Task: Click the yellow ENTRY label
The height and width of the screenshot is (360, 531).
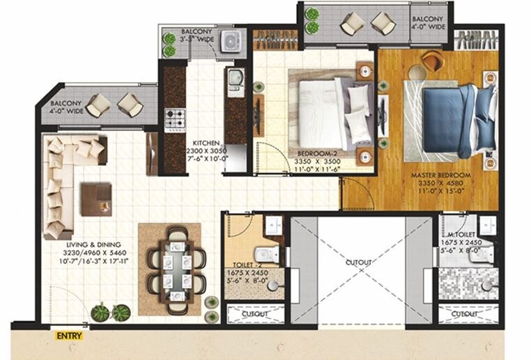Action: (70, 336)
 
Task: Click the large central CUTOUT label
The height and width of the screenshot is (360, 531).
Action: (358, 262)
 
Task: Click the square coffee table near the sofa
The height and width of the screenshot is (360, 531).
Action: (95, 198)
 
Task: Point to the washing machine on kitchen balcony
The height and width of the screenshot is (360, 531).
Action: (231, 41)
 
